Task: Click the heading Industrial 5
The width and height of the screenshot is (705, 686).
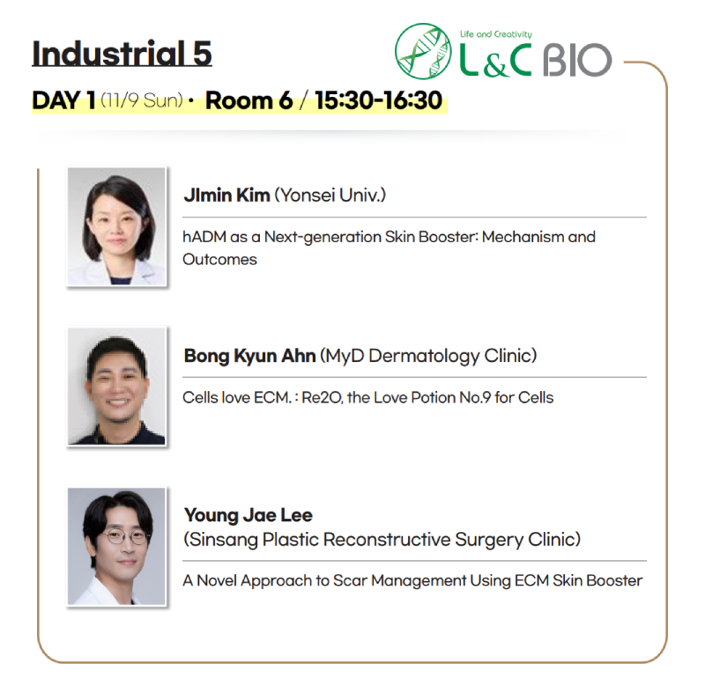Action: [x=122, y=54]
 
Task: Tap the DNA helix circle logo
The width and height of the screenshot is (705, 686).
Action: [x=423, y=51]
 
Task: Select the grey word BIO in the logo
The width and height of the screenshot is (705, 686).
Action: [x=577, y=60]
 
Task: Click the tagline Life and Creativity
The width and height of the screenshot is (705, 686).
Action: [x=495, y=34]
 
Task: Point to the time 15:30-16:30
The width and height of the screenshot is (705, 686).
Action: [x=378, y=100]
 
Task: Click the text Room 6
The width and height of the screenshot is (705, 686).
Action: [x=249, y=100]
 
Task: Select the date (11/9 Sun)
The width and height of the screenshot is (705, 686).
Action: [x=142, y=100]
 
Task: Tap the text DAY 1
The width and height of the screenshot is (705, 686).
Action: [x=63, y=100]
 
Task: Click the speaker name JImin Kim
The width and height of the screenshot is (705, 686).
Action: [x=226, y=195]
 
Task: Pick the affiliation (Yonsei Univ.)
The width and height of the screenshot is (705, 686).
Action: [x=330, y=195]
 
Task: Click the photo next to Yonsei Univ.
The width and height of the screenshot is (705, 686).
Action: [x=116, y=226]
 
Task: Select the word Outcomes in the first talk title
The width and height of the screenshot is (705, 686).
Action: [x=219, y=260]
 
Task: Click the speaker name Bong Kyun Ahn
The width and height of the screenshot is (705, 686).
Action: [x=249, y=356]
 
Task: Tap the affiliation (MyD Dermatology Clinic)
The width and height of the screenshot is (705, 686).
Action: [x=428, y=356]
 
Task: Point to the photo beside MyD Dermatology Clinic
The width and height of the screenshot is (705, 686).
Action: [x=116, y=387]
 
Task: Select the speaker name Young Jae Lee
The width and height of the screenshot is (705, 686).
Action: [x=249, y=515]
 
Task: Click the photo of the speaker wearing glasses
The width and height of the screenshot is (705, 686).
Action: [x=116, y=546]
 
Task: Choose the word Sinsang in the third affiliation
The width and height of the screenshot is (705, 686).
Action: [x=224, y=540]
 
